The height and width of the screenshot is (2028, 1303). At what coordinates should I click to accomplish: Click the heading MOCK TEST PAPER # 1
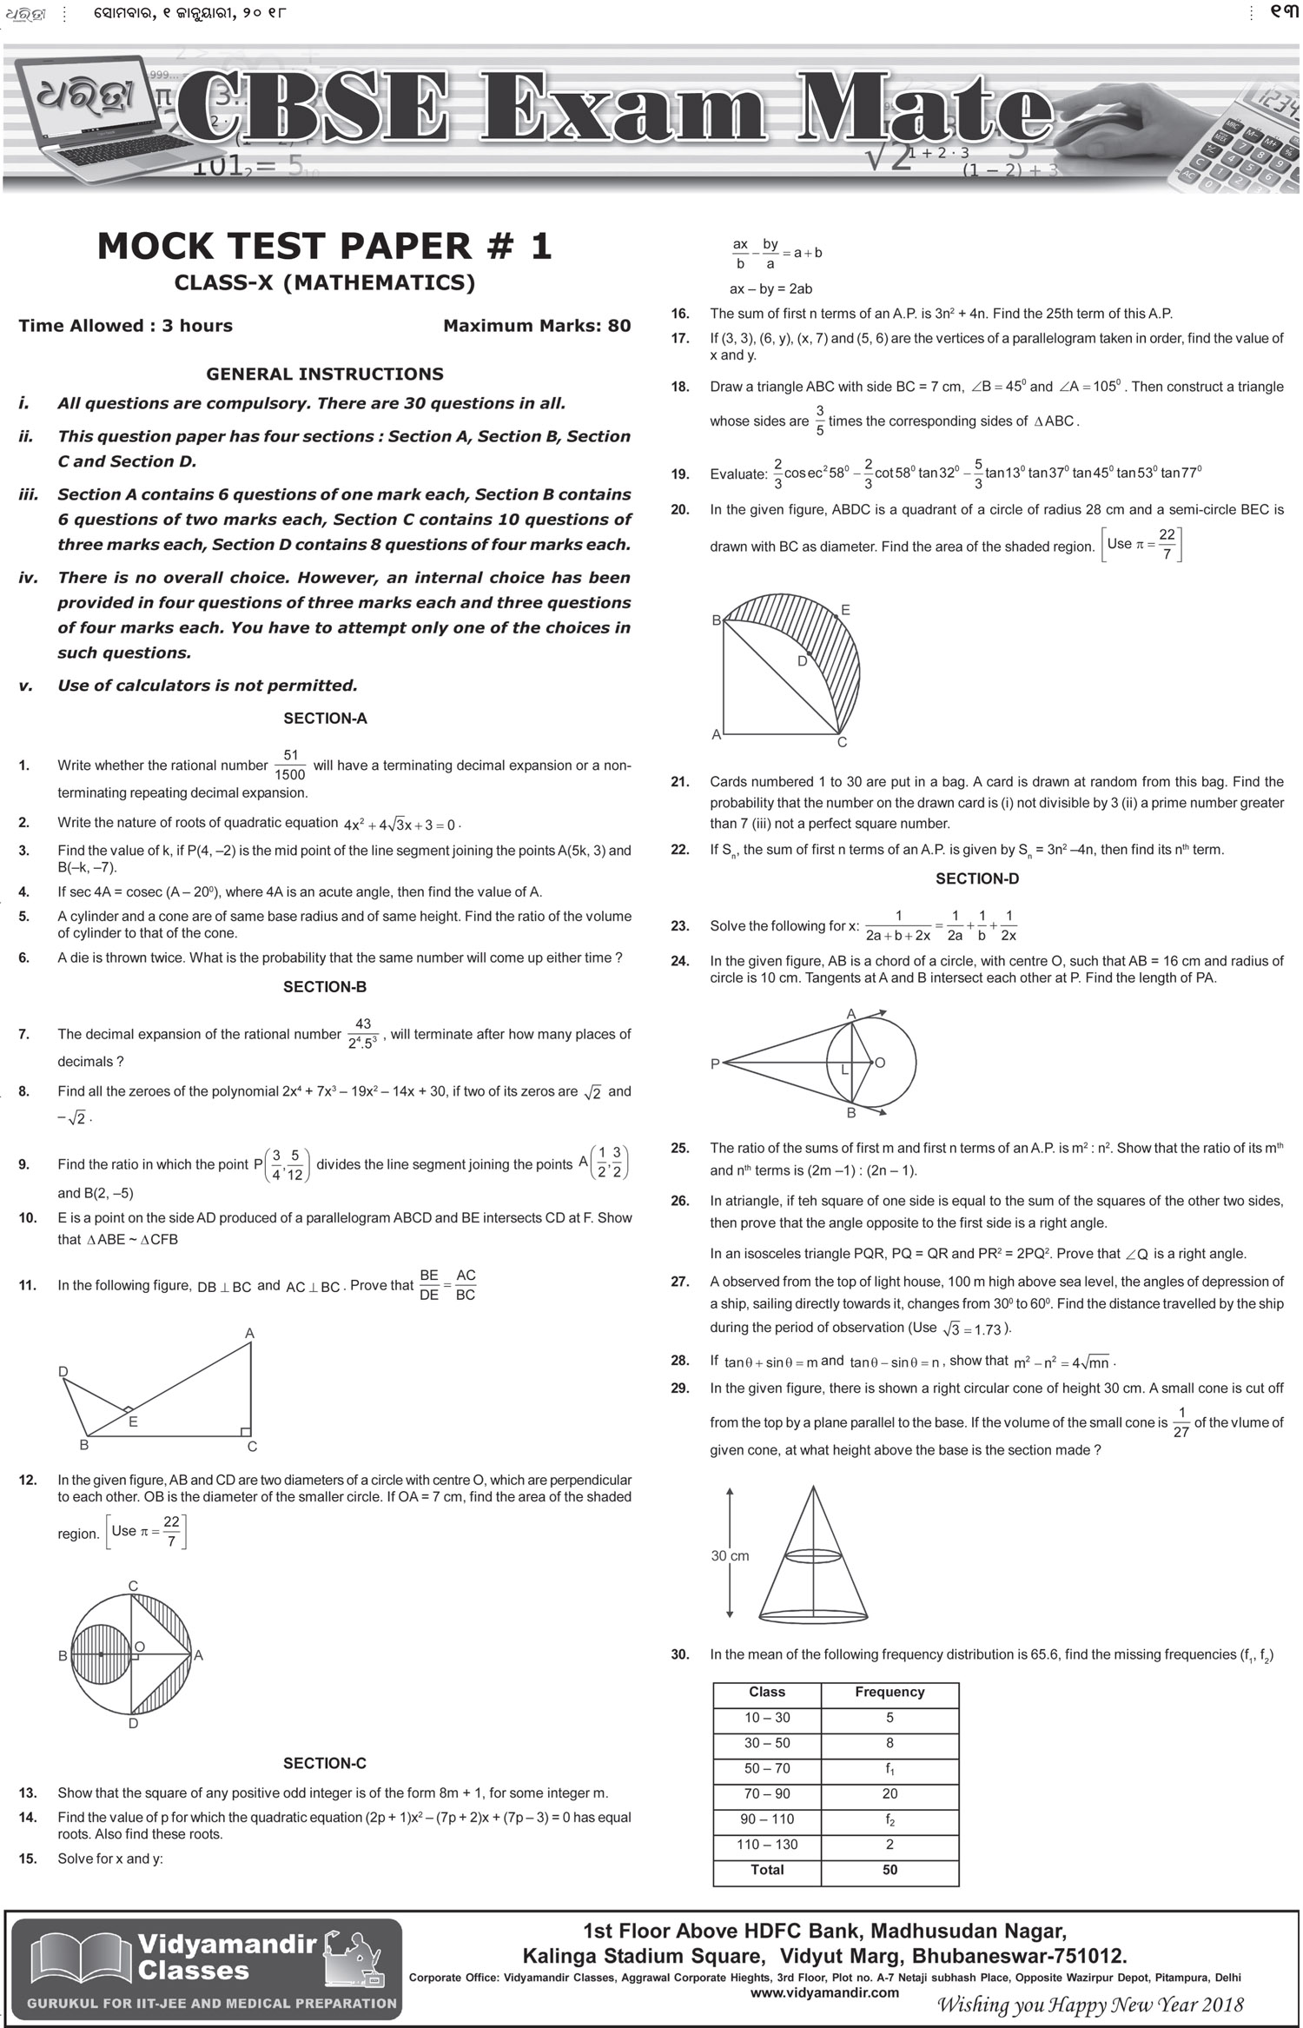[x=325, y=247]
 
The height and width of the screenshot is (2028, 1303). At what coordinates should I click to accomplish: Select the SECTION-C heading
[x=325, y=1763]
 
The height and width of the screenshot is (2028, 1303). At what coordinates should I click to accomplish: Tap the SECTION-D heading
[x=977, y=878]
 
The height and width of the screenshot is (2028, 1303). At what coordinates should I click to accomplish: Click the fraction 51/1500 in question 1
[x=290, y=765]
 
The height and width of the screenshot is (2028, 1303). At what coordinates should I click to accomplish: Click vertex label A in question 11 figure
[x=249, y=1333]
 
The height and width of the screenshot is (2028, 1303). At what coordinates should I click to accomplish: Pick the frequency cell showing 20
[x=890, y=1793]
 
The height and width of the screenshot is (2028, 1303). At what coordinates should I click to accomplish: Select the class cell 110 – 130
[x=766, y=1844]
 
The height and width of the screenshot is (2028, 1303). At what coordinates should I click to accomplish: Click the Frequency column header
[x=890, y=1692]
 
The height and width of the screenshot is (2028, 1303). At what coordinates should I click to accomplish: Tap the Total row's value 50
[x=890, y=1869]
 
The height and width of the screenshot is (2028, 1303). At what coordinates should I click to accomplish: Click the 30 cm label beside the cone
[x=730, y=1555]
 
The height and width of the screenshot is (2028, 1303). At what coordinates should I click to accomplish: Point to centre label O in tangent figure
[x=880, y=1063]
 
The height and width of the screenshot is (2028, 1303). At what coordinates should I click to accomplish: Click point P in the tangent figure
[x=716, y=1064]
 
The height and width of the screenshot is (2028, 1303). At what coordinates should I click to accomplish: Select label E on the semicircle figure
[x=845, y=611]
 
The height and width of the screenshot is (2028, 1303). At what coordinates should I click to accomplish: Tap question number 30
[x=680, y=1654]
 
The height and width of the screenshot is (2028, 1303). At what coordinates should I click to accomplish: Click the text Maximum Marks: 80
[x=537, y=326]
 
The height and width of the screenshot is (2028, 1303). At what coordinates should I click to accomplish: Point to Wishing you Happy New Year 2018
[x=1089, y=2005]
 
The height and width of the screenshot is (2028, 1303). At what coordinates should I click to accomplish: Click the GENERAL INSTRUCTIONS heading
[x=325, y=374]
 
